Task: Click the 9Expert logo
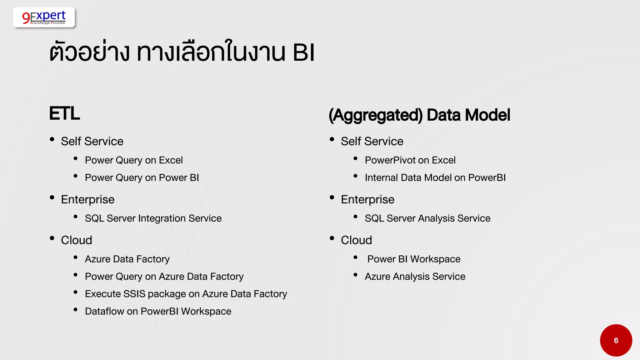(44, 17)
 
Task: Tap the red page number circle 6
(616, 340)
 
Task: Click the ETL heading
(64, 113)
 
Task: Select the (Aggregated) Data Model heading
(419, 115)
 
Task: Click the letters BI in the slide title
(303, 52)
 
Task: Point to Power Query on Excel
(134, 160)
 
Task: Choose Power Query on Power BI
(142, 178)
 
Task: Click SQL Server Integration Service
(153, 218)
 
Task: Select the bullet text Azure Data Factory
(127, 259)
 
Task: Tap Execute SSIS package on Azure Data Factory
(186, 294)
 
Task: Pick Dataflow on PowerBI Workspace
(158, 312)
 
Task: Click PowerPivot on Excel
(410, 160)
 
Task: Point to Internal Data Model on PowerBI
(435, 178)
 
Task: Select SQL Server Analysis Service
(427, 218)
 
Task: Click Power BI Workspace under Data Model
(414, 259)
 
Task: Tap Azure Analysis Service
(415, 277)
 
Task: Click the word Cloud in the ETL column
(77, 240)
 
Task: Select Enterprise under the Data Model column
(367, 200)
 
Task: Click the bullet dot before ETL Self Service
(52, 139)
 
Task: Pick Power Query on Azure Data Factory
(164, 277)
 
